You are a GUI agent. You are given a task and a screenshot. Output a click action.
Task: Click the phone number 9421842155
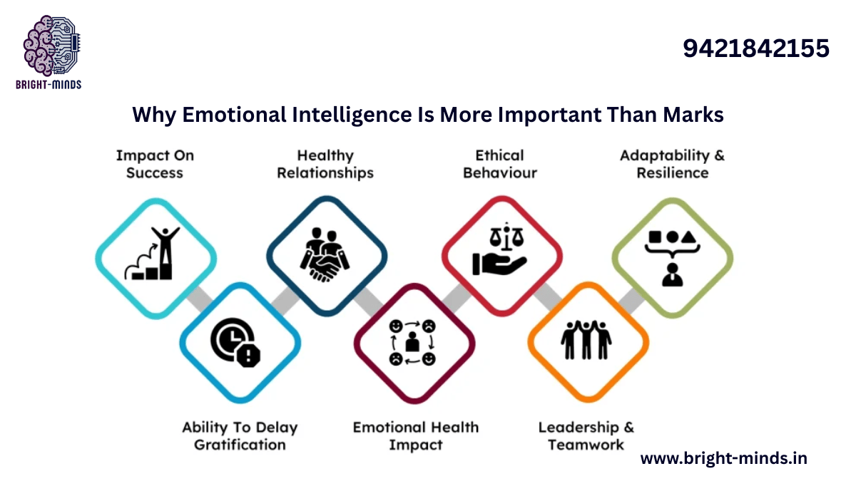click(x=756, y=48)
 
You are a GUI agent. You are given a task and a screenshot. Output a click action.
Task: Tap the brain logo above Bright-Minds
click(x=49, y=46)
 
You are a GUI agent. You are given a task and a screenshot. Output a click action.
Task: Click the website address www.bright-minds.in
click(x=723, y=458)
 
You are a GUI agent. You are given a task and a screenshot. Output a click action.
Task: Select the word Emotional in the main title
click(x=223, y=115)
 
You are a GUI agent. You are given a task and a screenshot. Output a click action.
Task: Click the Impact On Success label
click(x=155, y=164)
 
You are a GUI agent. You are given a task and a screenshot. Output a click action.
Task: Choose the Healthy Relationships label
click(x=325, y=164)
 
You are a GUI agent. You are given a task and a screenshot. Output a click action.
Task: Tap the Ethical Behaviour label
click(x=499, y=164)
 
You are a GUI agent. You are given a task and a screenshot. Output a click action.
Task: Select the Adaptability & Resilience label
click(x=672, y=164)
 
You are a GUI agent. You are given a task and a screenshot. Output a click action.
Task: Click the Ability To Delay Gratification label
click(x=240, y=436)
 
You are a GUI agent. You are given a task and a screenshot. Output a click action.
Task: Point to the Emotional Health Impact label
click(x=415, y=436)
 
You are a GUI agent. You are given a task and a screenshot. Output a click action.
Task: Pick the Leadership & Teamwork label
click(x=586, y=436)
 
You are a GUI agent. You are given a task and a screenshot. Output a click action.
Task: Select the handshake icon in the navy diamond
click(x=326, y=254)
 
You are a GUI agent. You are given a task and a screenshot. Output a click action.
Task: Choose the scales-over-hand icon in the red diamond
click(x=499, y=254)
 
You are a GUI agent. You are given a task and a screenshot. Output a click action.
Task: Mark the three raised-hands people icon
click(x=586, y=340)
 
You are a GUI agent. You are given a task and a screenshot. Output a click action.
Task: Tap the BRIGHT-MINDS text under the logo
click(x=49, y=85)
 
